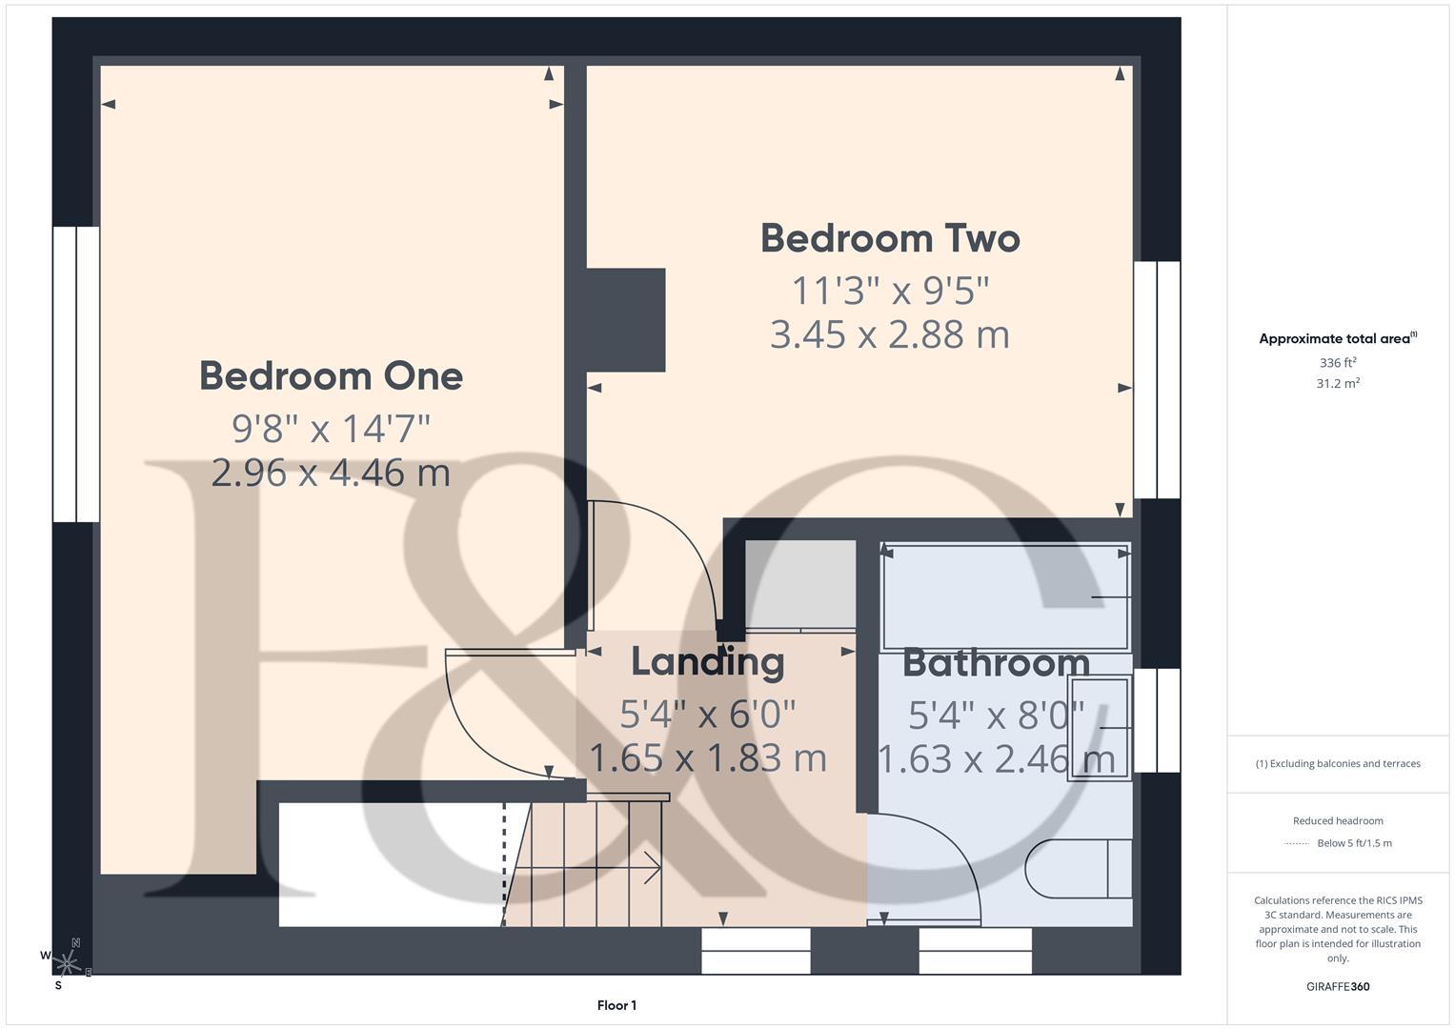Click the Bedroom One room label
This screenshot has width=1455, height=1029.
(x=331, y=376)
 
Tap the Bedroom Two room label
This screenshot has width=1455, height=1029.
(x=890, y=238)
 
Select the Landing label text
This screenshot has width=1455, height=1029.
(x=707, y=661)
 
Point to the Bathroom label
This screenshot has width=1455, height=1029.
(x=996, y=662)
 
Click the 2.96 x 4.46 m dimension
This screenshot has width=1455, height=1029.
(x=331, y=473)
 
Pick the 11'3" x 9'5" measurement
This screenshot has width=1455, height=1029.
(x=890, y=290)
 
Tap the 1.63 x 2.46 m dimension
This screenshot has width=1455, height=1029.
(x=996, y=759)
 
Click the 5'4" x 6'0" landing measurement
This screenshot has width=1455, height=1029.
(x=707, y=713)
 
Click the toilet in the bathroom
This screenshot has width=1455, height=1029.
(x=1078, y=868)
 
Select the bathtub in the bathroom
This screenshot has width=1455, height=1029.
(x=1005, y=596)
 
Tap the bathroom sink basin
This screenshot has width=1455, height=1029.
(x=1099, y=728)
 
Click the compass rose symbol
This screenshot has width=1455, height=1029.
(x=67, y=963)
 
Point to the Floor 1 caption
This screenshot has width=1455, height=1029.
(x=616, y=1005)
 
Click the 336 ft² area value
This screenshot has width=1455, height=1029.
(x=1338, y=363)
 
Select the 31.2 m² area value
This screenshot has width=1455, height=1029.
(x=1338, y=384)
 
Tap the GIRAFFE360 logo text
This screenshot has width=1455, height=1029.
(x=1338, y=986)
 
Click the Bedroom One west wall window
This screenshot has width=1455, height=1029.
(x=76, y=374)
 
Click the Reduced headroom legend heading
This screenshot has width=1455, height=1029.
(x=1338, y=820)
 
